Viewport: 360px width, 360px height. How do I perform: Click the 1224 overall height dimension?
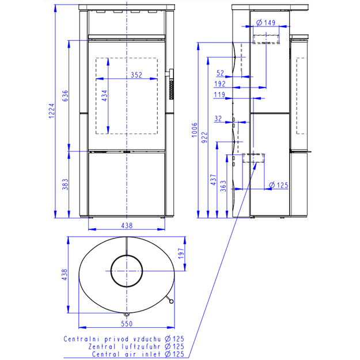click(x=52, y=111)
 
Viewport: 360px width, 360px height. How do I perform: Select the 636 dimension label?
click(x=66, y=96)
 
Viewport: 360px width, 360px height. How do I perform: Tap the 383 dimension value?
click(x=66, y=184)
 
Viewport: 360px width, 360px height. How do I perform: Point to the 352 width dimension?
click(x=137, y=75)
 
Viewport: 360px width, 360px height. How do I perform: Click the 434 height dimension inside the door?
click(x=104, y=96)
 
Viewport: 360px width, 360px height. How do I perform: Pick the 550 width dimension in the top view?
click(x=127, y=324)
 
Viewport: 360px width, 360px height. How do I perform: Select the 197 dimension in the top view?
click(x=181, y=253)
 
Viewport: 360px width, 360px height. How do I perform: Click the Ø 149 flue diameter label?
click(x=266, y=22)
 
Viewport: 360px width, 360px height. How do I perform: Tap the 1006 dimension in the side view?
click(x=195, y=130)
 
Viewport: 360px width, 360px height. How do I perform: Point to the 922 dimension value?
click(x=204, y=138)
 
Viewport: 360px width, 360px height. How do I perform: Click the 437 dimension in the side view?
click(x=214, y=180)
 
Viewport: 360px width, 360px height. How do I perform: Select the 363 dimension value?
click(x=223, y=186)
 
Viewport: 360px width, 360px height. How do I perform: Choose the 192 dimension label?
click(x=220, y=84)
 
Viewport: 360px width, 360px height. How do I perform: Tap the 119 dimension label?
click(x=219, y=94)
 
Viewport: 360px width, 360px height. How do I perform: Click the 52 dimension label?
click(x=220, y=73)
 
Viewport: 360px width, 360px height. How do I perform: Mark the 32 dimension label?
click(x=218, y=119)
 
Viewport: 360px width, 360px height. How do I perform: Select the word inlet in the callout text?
click(x=151, y=354)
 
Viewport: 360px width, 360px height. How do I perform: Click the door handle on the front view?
click(x=170, y=84)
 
